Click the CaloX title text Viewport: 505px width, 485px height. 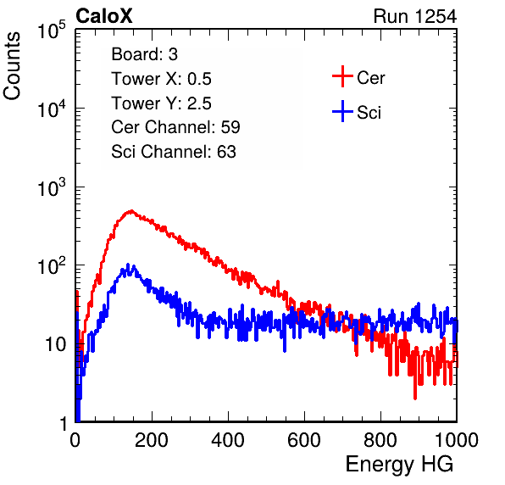point(104,16)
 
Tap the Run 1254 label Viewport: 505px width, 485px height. point(415,16)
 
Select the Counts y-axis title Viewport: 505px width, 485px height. point(12,66)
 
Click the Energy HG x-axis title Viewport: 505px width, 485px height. point(399,465)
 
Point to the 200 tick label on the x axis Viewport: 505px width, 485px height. point(152,440)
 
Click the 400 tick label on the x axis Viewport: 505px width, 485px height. point(228,440)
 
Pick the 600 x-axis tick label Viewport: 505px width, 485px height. point(304,440)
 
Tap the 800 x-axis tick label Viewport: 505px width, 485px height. point(380,440)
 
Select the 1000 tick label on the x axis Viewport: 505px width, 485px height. point(457,440)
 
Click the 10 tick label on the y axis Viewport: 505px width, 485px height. point(56,344)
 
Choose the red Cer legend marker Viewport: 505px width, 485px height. point(342,76)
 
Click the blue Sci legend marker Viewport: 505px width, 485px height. point(342,111)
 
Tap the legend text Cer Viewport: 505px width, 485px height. point(370,78)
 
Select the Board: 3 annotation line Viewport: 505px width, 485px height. point(144,54)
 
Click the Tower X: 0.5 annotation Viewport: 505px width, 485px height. point(161,79)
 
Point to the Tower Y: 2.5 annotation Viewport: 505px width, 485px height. point(161,103)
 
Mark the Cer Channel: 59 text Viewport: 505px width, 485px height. point(175,127)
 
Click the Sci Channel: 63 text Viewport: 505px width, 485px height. point(174,152)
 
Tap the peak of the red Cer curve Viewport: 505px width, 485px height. point(131,211)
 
